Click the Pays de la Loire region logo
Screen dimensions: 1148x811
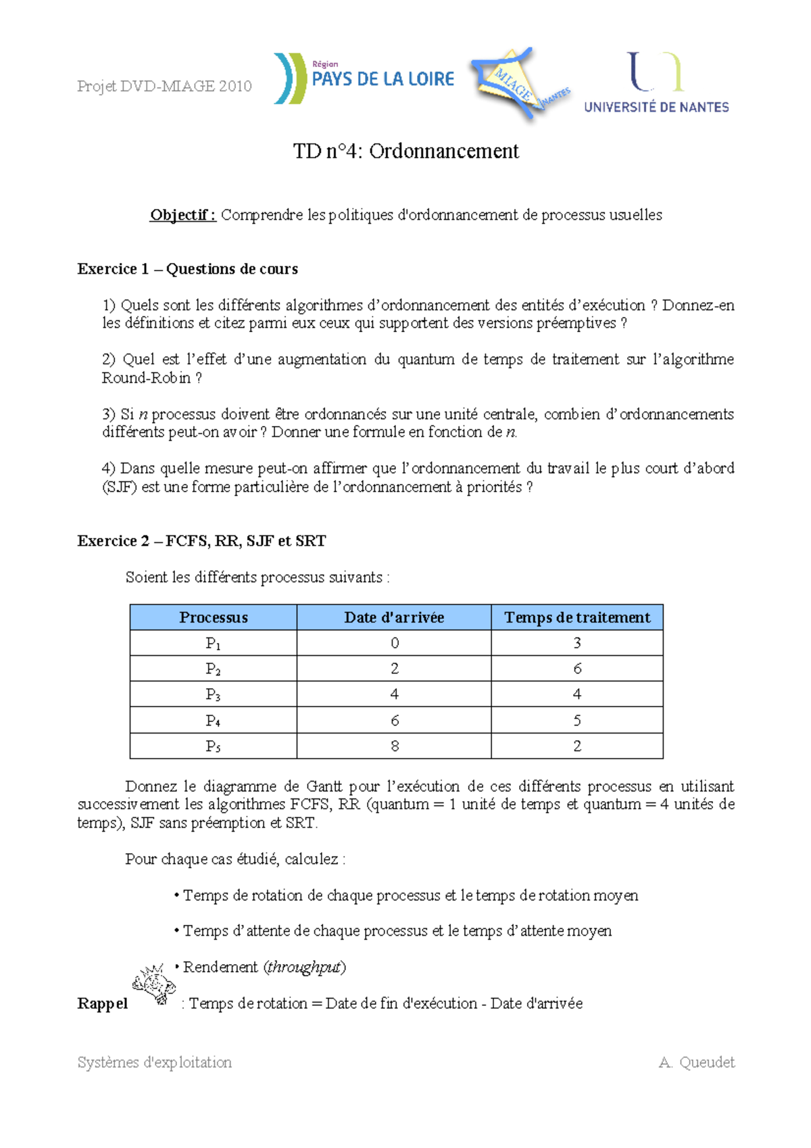[x=364, y=79]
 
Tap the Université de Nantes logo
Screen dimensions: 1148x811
[x=656, y=82]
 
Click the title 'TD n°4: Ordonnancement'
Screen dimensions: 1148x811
[x=405, y=151]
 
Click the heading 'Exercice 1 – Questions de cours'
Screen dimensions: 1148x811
[x=187, y=269]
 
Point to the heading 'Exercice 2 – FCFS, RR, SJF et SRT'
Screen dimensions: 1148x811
[x=201, y=541]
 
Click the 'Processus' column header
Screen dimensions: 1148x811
[x=213, y=617]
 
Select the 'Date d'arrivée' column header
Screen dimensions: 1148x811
[x=394, y=617]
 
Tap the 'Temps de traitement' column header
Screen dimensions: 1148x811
[x=577, y=617]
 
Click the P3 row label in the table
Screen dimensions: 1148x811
[x=213, y=694]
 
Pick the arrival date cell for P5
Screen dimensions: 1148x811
[x=394, y=746]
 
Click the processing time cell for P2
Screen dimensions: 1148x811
[x=577, y=669]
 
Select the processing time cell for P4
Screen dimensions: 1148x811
[x=577, y=720]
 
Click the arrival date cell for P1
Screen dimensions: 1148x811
[x=394, y=643]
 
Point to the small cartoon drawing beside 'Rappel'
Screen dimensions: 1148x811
[x=154, y=984]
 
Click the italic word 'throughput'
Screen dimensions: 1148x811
[x=305, y=967]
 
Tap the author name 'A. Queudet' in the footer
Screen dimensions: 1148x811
[x=696, y=1062]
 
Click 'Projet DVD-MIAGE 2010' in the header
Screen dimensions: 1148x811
[x=164, y=86]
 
